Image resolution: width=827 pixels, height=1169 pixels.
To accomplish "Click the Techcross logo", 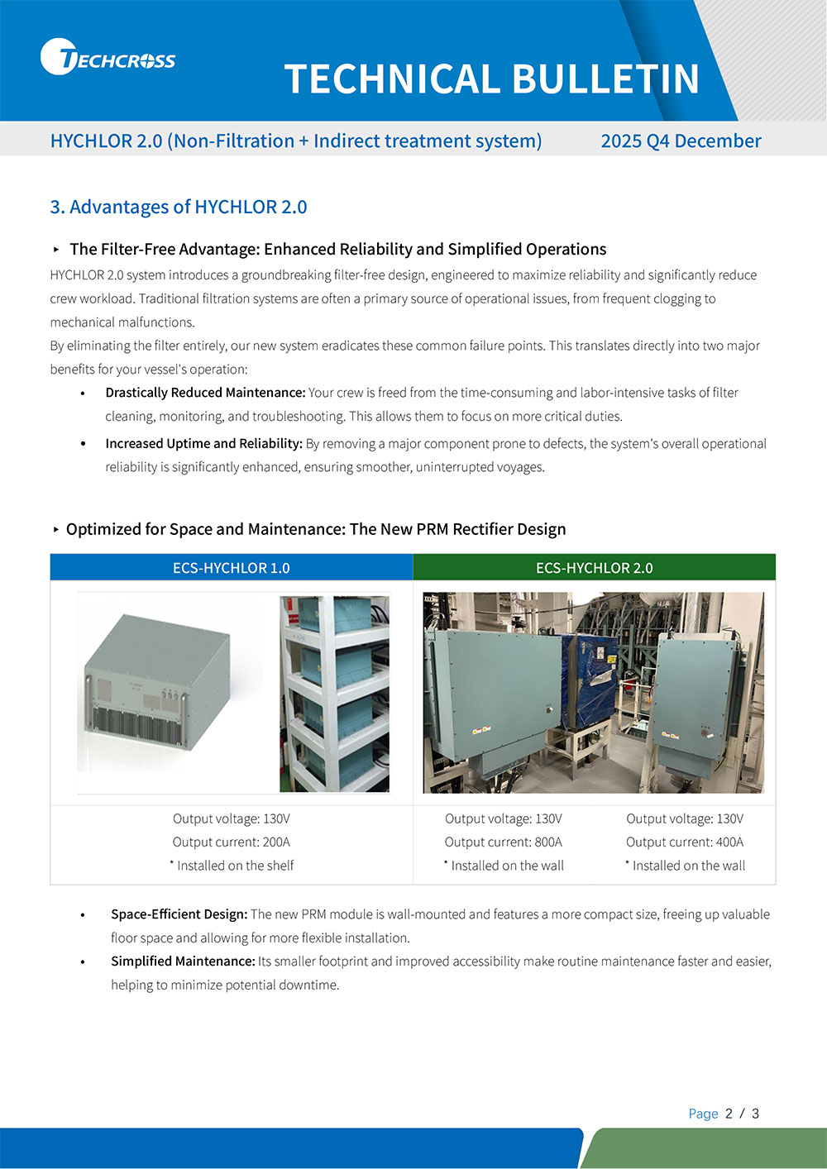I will point(108,58).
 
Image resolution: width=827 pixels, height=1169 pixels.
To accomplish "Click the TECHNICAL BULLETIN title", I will point(491,79).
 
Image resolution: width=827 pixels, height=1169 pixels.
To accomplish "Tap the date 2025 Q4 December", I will point(681,141).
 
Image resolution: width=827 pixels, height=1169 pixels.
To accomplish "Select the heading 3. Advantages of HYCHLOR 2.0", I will point(179,207).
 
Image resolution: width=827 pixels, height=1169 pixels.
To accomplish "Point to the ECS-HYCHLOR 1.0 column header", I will point(232,568).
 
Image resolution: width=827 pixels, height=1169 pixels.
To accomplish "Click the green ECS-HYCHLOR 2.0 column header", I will point(594,568).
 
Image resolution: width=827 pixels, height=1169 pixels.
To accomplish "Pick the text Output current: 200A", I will point(232,842).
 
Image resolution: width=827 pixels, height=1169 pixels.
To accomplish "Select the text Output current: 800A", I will point(503,842).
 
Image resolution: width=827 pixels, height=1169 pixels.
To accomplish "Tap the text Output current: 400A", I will point(685,842).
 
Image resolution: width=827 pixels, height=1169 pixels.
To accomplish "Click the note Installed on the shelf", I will point(235,866).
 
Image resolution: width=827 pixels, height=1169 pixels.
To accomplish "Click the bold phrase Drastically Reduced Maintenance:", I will point(205,393).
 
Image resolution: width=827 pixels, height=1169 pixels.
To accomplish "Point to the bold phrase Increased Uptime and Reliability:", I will point(203,444).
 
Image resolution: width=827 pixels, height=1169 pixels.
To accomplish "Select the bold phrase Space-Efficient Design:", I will point(179,914).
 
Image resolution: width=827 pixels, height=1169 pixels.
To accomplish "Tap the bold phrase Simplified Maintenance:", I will point(183,961).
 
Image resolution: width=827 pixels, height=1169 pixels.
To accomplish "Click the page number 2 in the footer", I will point(729,1114).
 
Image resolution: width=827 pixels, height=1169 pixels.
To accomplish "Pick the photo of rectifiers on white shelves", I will point(334,693).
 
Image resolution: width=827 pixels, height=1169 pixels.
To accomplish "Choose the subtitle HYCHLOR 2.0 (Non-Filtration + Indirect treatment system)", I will point(296,141).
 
